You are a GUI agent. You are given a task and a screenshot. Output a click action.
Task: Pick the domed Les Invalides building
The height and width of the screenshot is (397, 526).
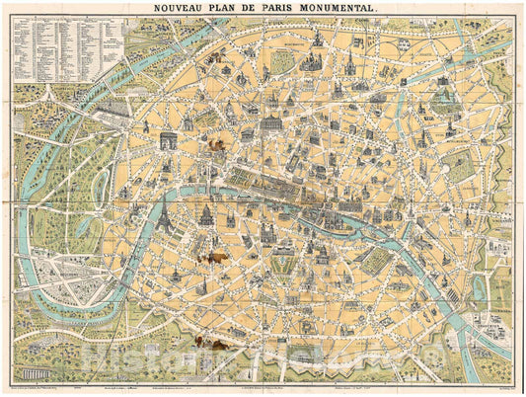(x=208, y=214)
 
